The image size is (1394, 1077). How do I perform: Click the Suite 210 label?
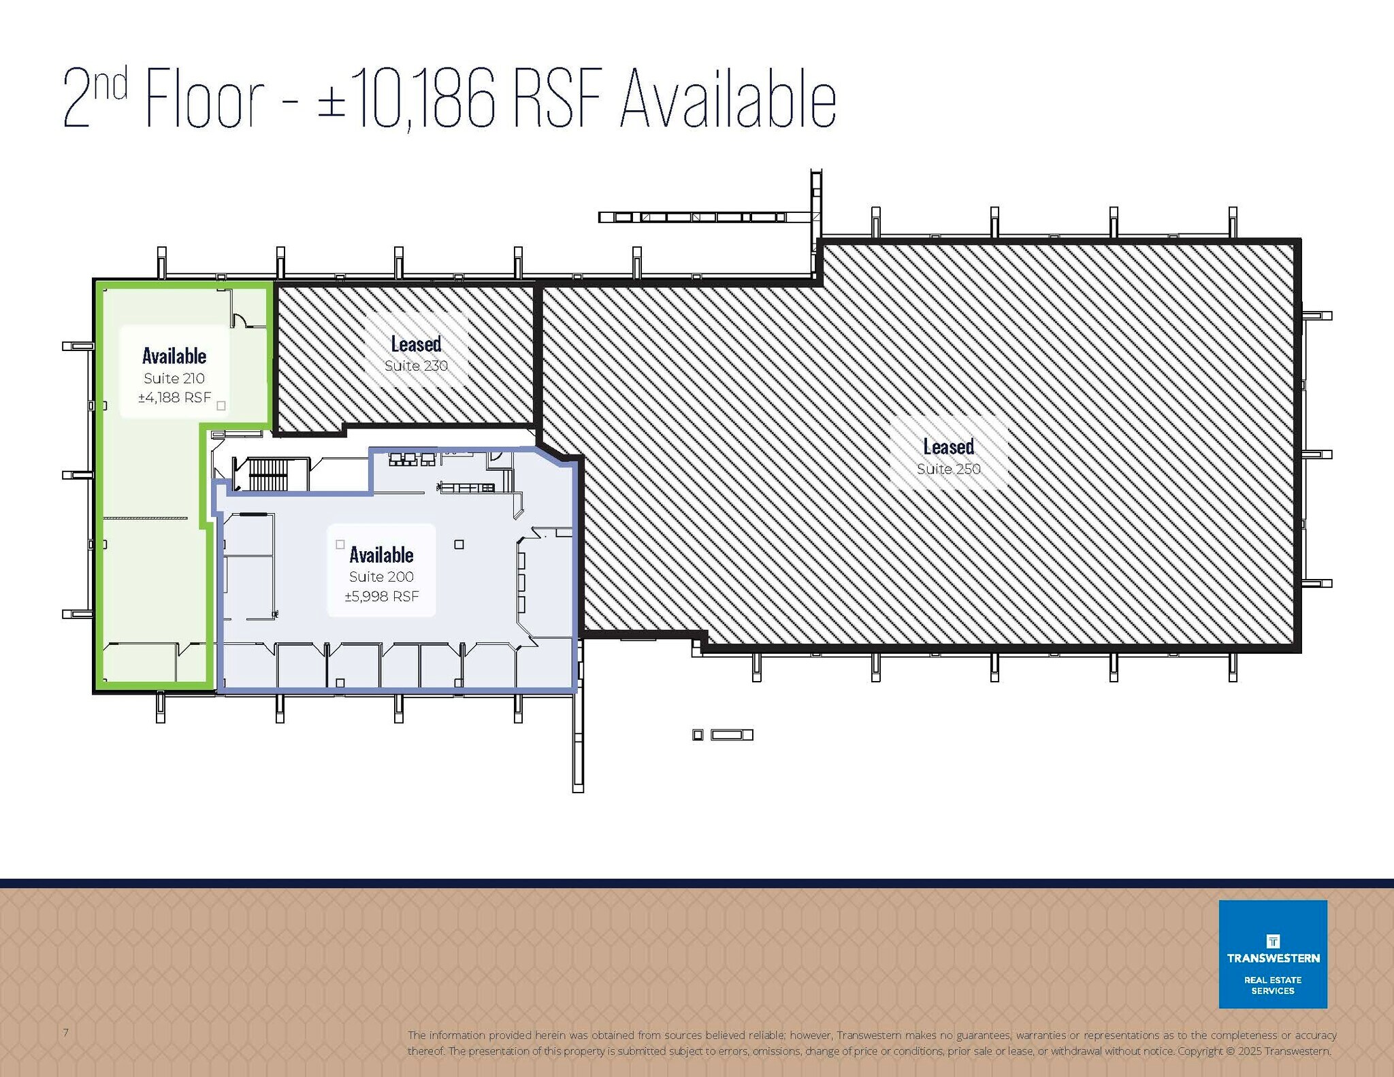pos(174,378)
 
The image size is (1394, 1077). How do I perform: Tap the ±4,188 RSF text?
pos(175,397)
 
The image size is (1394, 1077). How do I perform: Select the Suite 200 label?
pos(381,577)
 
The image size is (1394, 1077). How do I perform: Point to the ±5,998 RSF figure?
pos(382,597)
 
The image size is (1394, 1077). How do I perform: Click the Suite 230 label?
pos(416,366)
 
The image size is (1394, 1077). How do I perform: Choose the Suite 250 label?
pos(948,469)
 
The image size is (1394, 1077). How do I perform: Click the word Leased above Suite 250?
pos(948,447)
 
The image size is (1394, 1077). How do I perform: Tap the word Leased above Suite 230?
pos(416,344)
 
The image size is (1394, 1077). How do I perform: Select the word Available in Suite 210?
pos(174,356)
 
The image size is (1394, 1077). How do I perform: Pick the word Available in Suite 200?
pos(381,555)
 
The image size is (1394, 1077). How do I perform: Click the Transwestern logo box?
pos(1272,954)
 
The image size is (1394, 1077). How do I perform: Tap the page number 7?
pos(66,1033)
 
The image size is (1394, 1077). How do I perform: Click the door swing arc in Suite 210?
pos(240,318)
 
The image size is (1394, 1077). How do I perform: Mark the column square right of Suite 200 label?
pos(459,544)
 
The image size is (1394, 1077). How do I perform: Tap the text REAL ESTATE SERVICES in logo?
pos(1272,985)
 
